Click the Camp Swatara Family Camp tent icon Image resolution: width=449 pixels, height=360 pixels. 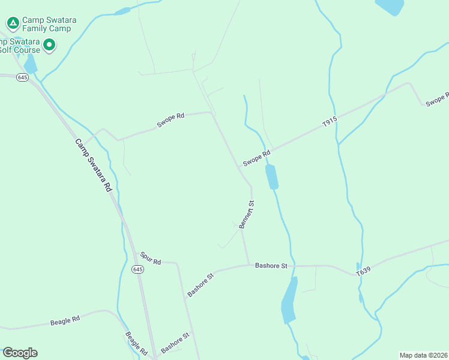click(12, 23)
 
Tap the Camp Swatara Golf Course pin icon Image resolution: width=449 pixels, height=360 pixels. click(50, 45)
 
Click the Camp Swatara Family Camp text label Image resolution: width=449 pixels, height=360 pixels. click(47, 23)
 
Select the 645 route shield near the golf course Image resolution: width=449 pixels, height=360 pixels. click(23, 77)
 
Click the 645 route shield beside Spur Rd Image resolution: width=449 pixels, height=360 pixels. click(138, 269)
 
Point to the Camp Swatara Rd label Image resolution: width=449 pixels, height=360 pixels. click(94, 165)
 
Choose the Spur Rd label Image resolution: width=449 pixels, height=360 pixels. click(151, 258)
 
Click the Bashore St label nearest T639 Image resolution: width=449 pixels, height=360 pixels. click(271, 265)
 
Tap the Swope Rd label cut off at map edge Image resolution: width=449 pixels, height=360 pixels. click(437, 100)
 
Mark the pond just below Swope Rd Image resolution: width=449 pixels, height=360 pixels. click(272, 177)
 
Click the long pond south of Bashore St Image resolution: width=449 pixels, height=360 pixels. click(289, 301)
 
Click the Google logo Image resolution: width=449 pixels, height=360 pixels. click(20, 352)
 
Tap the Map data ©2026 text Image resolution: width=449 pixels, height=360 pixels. click(423, 355)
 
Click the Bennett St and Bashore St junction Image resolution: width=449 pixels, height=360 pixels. click(249, 265)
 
